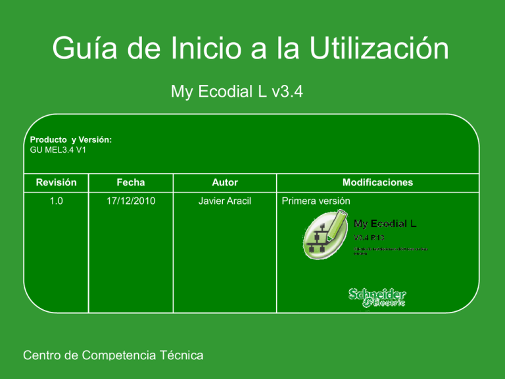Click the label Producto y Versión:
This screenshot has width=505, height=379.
click(x=71, y=140)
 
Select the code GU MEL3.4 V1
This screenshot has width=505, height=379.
click(x=59, y=149)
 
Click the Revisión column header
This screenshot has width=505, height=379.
click(x=57, y=182)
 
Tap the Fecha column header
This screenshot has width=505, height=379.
click(x=132, y=182)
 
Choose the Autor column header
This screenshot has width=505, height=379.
click(x=225, y=182)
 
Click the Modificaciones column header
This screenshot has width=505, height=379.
click(x=377, y=182)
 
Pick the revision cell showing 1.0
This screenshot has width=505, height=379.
click(x=57, y=201)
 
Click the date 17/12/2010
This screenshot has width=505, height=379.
click(x=132, y=201)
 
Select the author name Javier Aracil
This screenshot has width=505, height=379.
click(x=225, y=201)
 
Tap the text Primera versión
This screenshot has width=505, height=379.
click(x=316, y=201)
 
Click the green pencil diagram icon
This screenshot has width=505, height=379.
click(x=324, y=235)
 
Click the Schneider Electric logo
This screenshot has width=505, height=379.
click(x=377, y=297)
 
